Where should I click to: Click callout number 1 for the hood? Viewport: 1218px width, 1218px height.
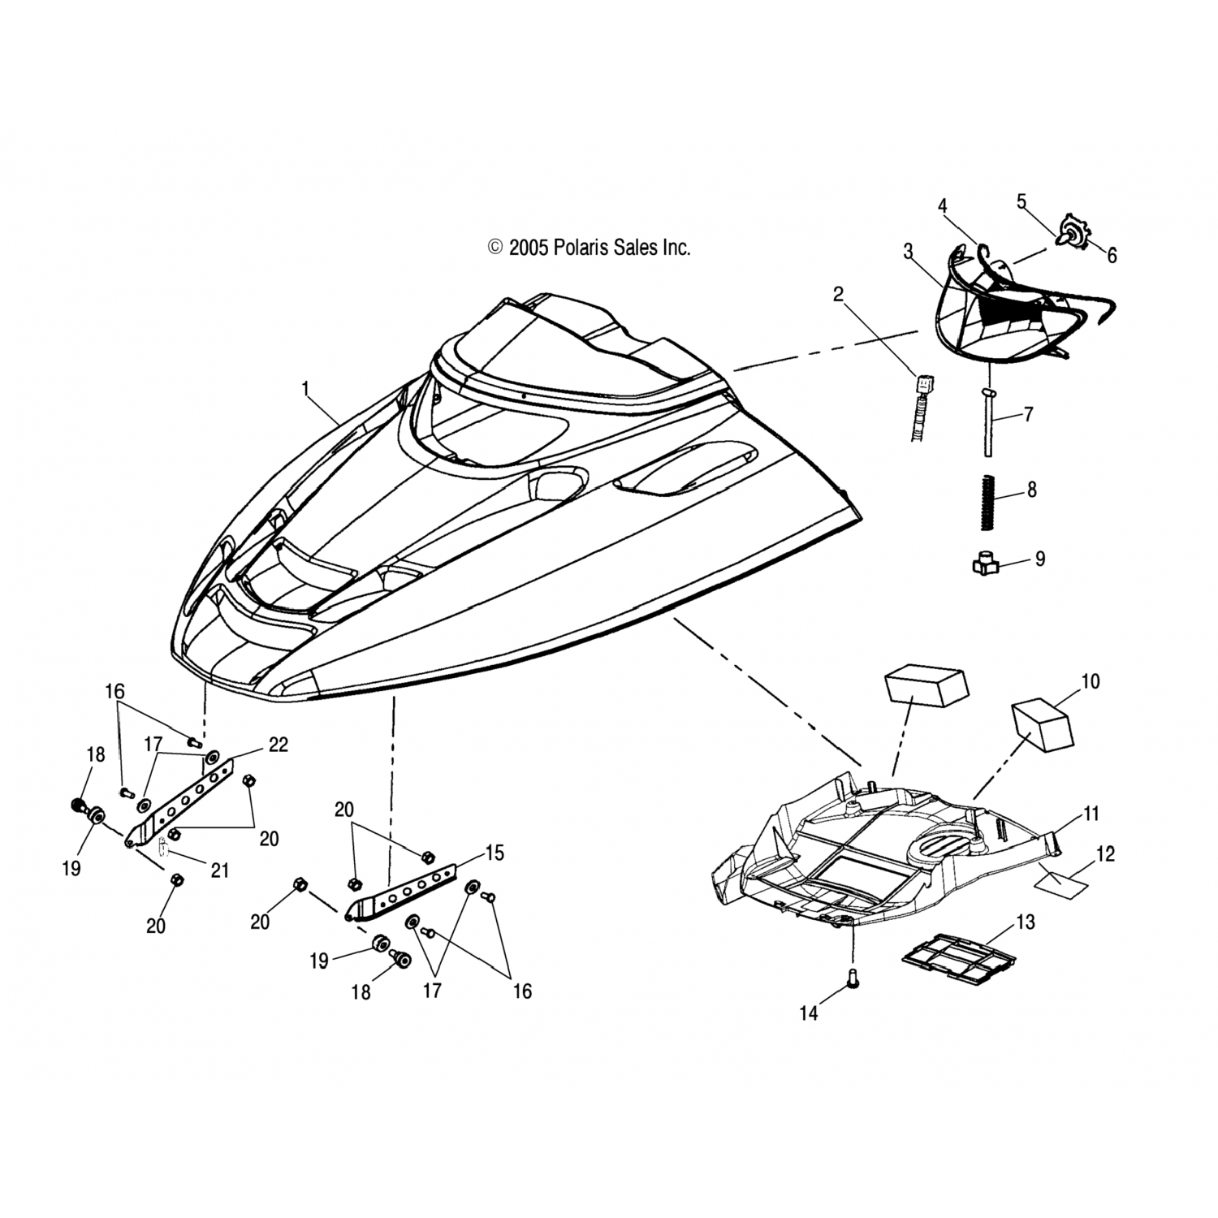coord(306,390)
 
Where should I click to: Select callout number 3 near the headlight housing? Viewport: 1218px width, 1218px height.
coord(908,251)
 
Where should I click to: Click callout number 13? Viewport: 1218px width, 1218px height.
coord(1026,922)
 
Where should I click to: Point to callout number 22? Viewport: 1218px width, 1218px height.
coord(278,745)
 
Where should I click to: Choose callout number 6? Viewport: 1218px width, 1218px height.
coord(1112,255)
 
